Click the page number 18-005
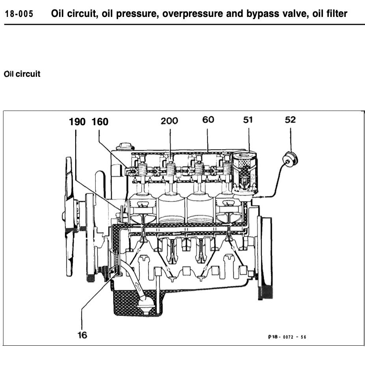[x=19, y=15]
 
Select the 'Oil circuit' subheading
[x=22, y=74]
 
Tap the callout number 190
[x=77, y=122]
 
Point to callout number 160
[x=100, y=122]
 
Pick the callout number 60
[x=208, y=120]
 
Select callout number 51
[x=248, y=120]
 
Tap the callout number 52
[x=290, y=120]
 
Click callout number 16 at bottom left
[x=82, y=335]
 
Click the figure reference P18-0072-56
[x=287, y=337]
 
